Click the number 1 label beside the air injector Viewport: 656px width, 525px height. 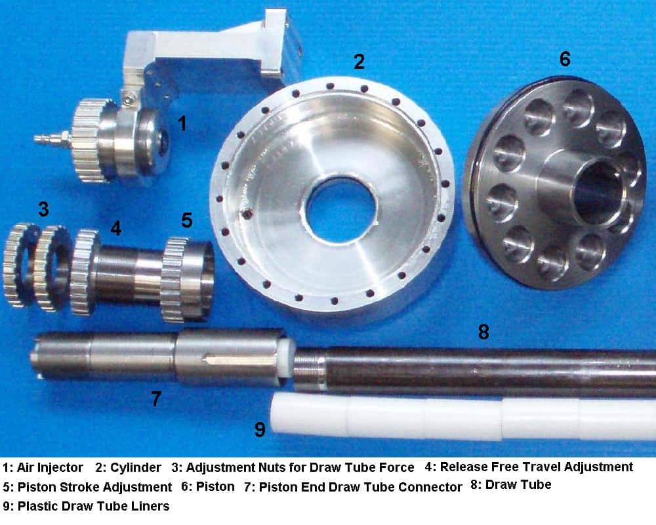[182, 123]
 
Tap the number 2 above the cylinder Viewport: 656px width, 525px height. [359, 62]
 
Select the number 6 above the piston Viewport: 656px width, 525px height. [565, 59]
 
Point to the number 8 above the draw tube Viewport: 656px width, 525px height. [483, 332]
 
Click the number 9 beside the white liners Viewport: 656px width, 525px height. [260, 430]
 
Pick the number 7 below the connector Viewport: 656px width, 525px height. [156, 398]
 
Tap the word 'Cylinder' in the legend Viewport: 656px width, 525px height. [136, 468]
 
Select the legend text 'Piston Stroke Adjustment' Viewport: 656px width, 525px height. [94, 488]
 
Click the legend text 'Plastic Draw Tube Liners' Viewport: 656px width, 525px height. [93, 506]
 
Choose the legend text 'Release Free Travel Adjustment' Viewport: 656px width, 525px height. [536, 467]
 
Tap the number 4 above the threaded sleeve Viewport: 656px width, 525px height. [116, 228]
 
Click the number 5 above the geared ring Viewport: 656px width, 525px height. [187, 220]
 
